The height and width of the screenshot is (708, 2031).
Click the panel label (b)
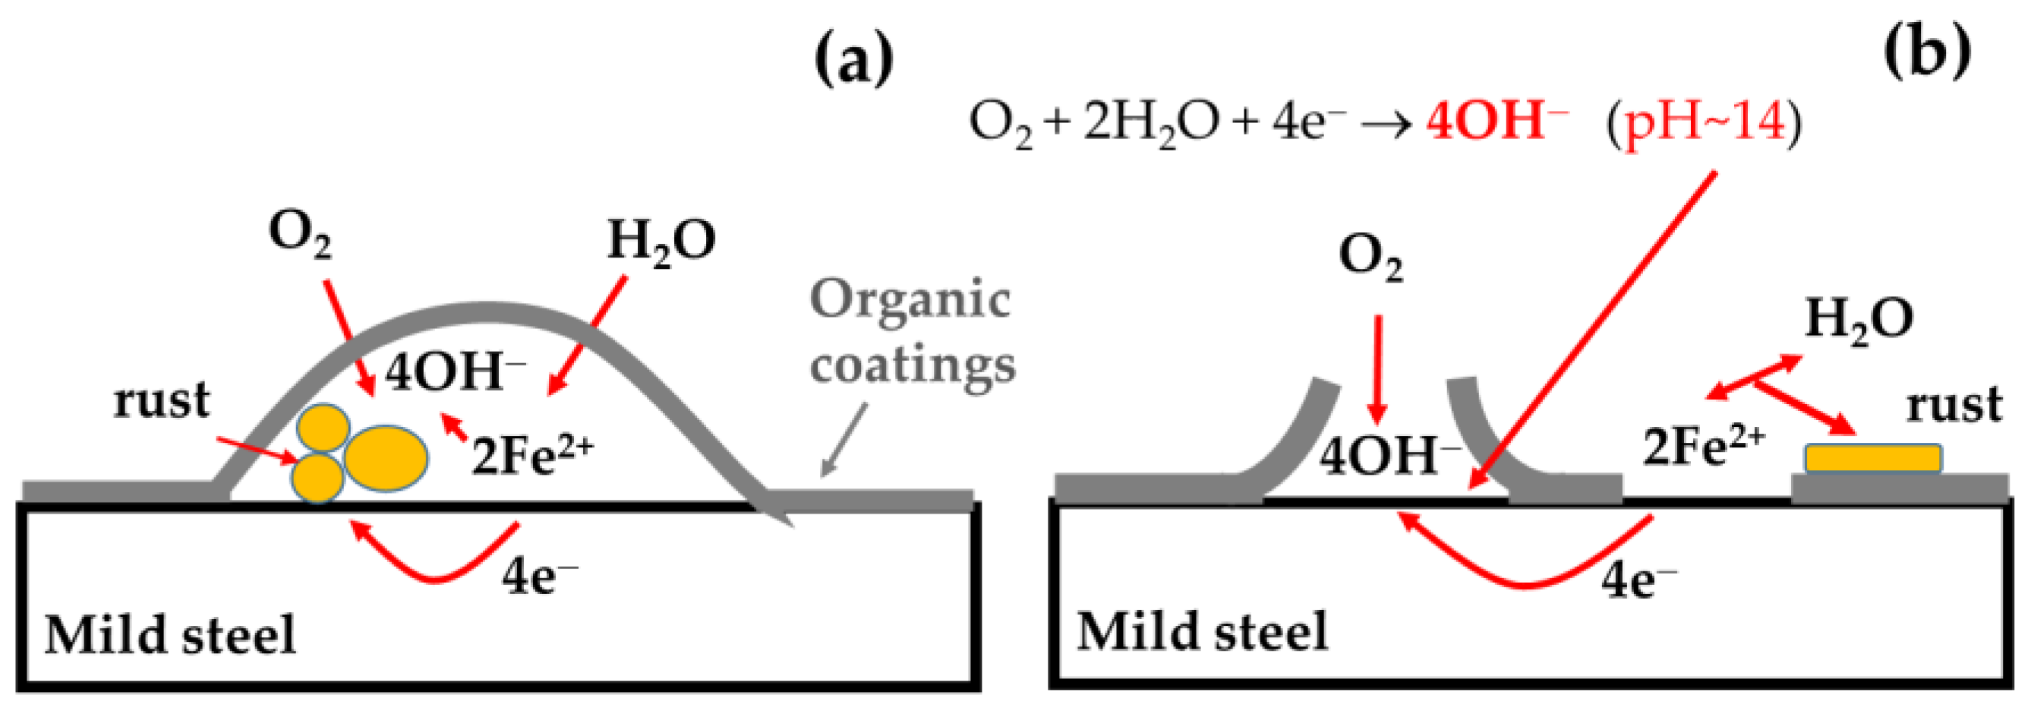pyautogui.click(x=1927, y=54)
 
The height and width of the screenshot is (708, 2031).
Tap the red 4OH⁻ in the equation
pyautogui.click(x=1496, y=124)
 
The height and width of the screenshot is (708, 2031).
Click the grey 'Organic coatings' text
pyautogui.click(x=912, y=333)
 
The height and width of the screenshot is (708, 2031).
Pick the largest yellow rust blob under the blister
pyautogui.click(x=386, y=458)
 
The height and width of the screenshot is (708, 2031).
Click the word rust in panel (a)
pyautogui.click(x=162, y=400)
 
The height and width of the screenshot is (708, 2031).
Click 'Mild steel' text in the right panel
pyautogui.click(x=1203, y=632)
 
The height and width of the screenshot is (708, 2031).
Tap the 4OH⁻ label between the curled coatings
pyautogui.click(x=1390, y=457)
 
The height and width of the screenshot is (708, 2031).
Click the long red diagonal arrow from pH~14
pyautogui.click(x=1593, y=331)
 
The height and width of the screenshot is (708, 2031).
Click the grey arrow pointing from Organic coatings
pyautogui.click(x=844, y=439)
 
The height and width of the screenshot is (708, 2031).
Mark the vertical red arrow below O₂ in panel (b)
pyautogui.click(x=1377, y=369)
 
